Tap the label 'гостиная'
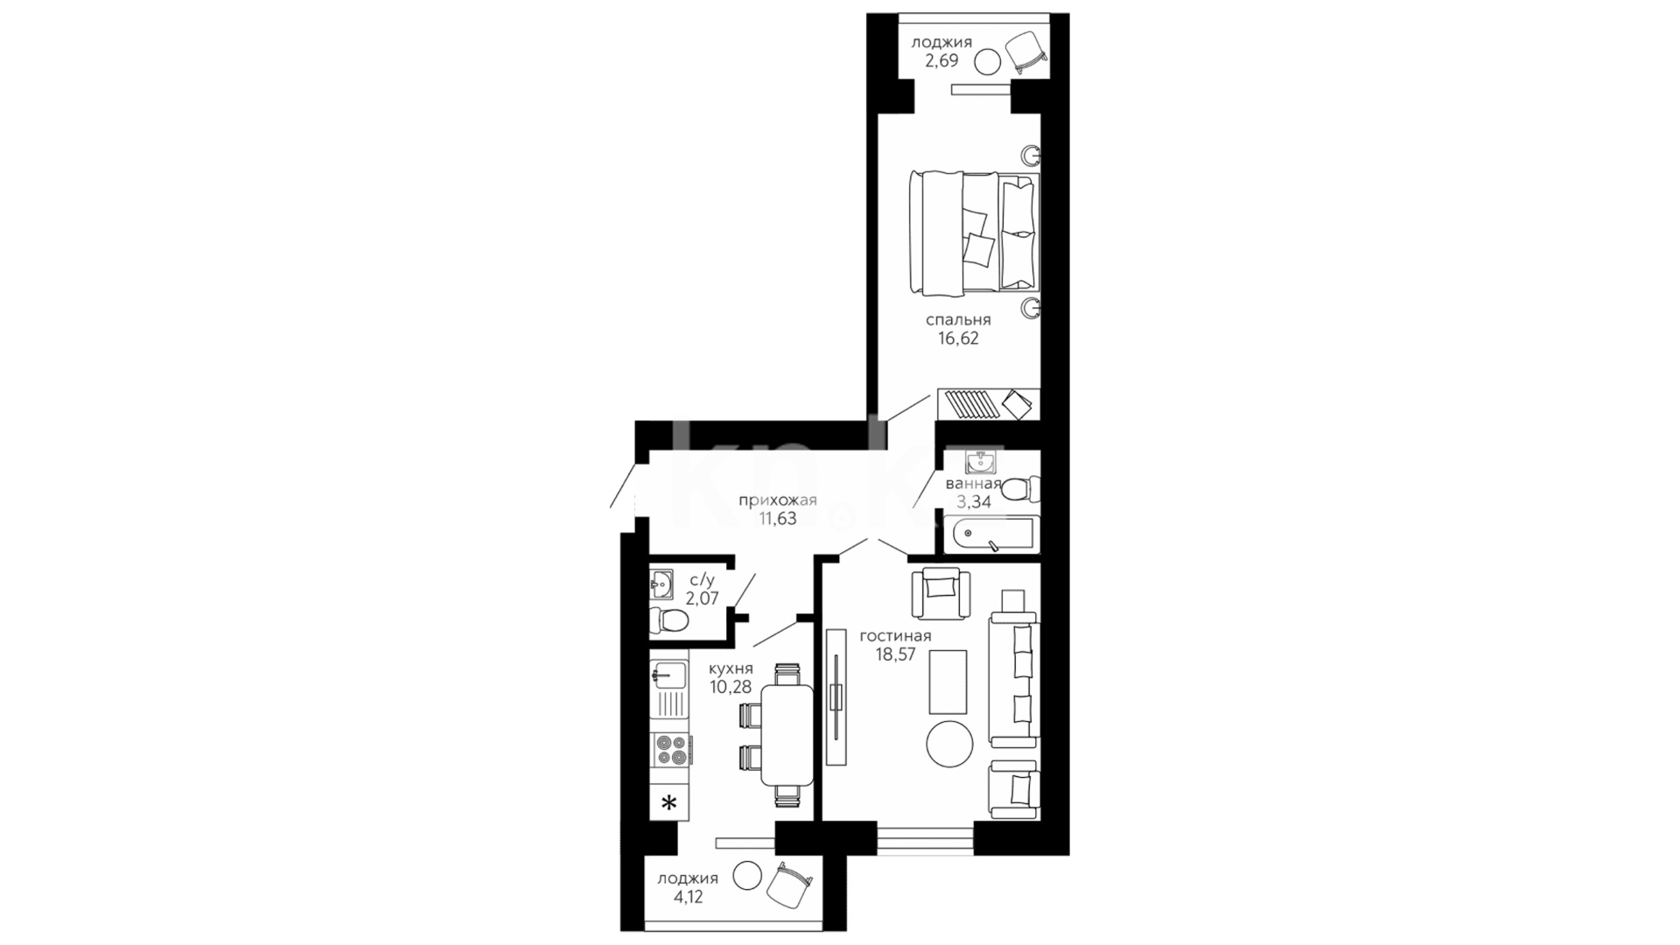coord(895,636)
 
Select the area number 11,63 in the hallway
coord(777,519)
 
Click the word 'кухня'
coord(731,668)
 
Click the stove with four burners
coord(672,751)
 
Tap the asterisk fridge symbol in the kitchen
coord(669,803)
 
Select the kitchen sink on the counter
coord(669,675)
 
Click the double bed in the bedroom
coord(974,233)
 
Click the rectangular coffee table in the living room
coord(948,682)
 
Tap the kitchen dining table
coord(787,734)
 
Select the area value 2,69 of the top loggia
coord(941,61)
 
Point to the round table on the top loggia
coord(988,61)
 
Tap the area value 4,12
coord(687,897)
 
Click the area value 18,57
coord(895,654)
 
